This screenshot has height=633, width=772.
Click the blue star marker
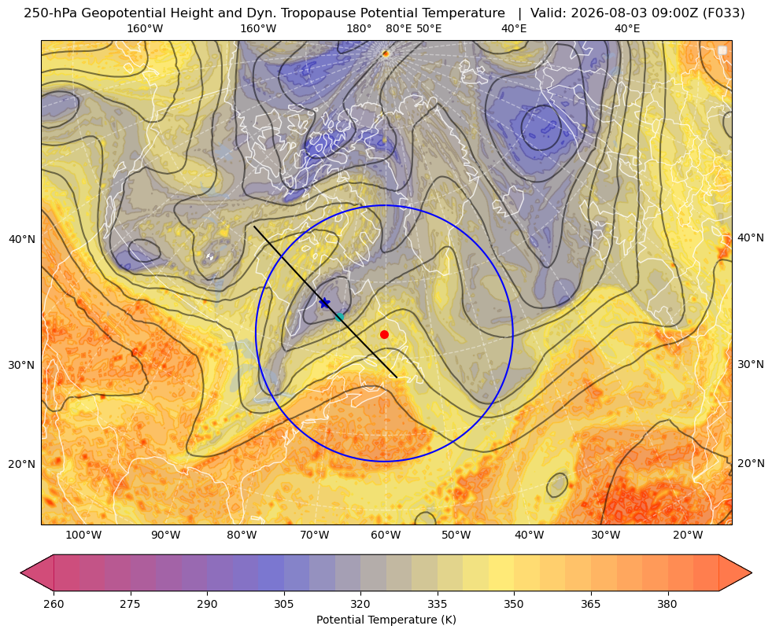click(x=324, y=303)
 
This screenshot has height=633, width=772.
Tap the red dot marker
click(x=385, y=334)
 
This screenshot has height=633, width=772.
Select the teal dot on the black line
click(x=339, y=317)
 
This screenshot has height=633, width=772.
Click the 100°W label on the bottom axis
click(x=83, y=535)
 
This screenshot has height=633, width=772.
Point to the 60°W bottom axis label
click(x=386, y=535)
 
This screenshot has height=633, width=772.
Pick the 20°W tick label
click(x=688, y=535)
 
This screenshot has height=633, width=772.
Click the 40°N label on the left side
click(x=22, y=240)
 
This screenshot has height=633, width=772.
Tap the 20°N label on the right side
click(x=751, y=463)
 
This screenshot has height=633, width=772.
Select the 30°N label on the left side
click(x=22, y=365)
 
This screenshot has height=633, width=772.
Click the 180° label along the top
click(x=359, y=28)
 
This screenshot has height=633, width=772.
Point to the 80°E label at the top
click(x=398, y=28)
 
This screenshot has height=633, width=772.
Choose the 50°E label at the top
click(x=429, y=28)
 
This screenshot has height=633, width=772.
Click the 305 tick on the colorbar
click(x=283, y=604)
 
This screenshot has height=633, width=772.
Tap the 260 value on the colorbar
click(x=54, y=604)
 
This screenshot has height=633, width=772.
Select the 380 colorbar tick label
click(x=667, y=604)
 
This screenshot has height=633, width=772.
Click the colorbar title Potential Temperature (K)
click(x=386, y=620)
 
